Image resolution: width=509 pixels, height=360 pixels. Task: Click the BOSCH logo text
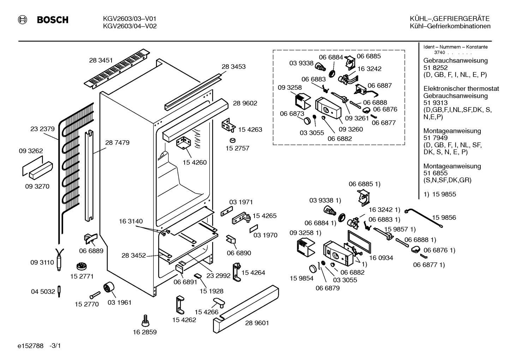(x=53, y=20)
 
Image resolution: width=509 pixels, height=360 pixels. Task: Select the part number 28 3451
(x=101, y=60)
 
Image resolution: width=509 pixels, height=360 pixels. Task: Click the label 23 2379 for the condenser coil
(x=42, y=129)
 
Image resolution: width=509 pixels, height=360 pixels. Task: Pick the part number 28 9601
(x=257, y=323)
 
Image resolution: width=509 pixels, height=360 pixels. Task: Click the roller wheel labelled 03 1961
(x=109, y=287)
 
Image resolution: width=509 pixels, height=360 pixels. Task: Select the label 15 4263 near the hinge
(x=250, y=129)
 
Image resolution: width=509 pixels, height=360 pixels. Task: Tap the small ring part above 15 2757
(x=233, y=140)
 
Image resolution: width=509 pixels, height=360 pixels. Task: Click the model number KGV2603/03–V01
(x=130, y=18)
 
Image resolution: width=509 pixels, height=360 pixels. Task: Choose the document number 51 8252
(x=435, y=68)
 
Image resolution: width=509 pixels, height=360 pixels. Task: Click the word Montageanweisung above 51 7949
(x=452, y=131)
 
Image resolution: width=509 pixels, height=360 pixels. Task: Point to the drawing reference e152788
(x=30, y=346)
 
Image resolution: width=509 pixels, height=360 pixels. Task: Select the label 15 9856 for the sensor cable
(x=444, y=217)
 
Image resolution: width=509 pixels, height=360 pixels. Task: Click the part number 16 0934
(x=381, y=258)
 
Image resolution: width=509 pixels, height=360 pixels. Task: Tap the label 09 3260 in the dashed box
(x=351, y=129)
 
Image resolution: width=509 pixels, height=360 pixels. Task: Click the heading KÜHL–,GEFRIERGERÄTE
(x=450, y=18)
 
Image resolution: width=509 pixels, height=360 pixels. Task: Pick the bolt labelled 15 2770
(x=95, y=295)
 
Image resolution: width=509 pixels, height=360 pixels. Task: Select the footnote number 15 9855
(x=444, y=194)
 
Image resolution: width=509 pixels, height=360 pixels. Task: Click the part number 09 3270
(x=37, y=186)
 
